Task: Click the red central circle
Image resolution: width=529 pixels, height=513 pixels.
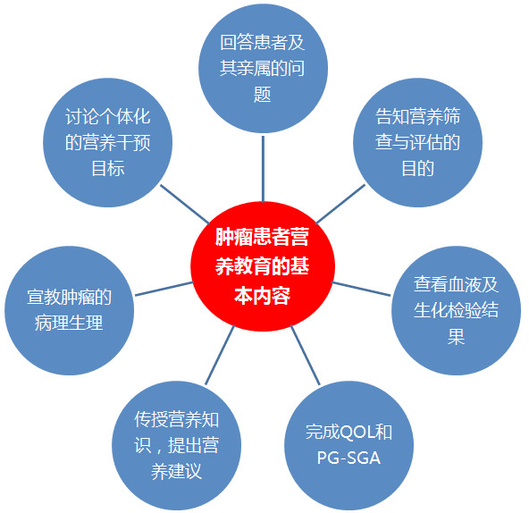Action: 263,266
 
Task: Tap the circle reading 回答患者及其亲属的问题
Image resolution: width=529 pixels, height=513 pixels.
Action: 263,69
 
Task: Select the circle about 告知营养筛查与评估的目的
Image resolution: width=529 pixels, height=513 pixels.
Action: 417,142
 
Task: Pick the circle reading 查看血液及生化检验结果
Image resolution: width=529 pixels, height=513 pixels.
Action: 456,310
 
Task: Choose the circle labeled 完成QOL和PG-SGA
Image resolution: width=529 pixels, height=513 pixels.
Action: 348,445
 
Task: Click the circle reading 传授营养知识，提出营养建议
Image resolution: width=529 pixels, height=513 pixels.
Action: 176,445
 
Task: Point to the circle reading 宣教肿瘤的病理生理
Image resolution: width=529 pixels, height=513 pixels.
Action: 69,310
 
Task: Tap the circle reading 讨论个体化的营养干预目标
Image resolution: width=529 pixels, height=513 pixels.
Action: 107,142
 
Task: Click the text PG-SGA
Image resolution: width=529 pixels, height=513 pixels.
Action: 348,458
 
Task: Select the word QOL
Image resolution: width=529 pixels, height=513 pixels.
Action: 357,432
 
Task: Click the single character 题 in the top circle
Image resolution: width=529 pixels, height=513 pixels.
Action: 263,94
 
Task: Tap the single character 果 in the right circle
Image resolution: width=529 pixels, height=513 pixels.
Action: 456,336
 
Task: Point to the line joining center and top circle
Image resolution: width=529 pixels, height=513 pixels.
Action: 263,169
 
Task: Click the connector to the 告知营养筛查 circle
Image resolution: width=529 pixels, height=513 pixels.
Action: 340,204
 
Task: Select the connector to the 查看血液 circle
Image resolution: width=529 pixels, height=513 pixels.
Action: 361,289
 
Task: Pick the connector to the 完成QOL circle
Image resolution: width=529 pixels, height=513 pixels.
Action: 305,355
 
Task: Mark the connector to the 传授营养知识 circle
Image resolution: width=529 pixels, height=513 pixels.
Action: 220,355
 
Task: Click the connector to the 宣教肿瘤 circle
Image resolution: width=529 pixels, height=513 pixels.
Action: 164,289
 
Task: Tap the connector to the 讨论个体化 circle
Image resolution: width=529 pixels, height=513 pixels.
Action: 185,204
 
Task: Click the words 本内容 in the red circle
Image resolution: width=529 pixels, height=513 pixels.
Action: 263,296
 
